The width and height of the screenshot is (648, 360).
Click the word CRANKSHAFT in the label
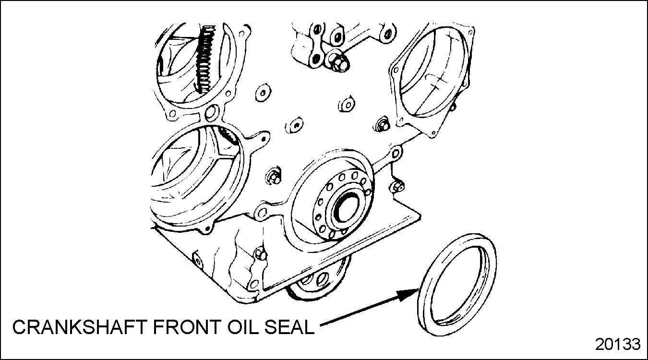[x=80, y=327]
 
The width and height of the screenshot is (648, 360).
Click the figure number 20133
[x=618, y=344]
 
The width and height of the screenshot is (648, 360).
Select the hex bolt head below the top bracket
[x=337, y=62]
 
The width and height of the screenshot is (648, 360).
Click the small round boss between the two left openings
[x=212, y=113]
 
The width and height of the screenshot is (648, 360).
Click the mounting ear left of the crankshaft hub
[x=261, y=213]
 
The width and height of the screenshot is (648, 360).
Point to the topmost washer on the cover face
[x=263, y=93]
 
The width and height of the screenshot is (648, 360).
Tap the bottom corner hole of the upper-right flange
[x=433, y=133]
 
